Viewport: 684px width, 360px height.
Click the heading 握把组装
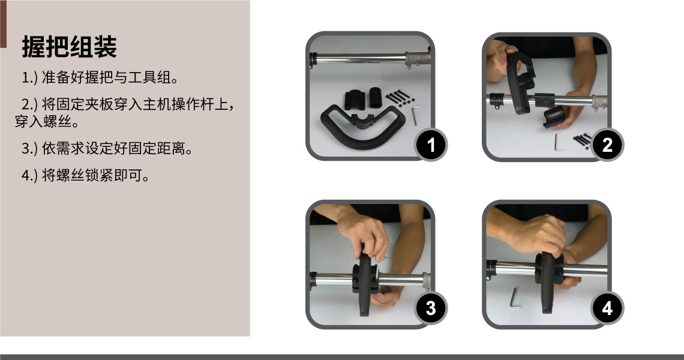click(x=70, y=47)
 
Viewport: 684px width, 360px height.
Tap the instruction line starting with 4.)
click(x=85, y=175)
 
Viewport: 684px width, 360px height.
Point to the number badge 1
click(x=431, y=145)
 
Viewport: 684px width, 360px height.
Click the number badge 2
click(x=607, y=145)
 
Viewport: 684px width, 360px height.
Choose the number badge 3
click(x=431, y=308)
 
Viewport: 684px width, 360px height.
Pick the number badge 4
click(x=607, y=308)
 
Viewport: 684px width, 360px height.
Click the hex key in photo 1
click(x=415, y=116)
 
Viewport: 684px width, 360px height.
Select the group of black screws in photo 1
click(x=400, y=98)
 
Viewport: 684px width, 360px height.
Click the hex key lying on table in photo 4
click(x=515, y=298)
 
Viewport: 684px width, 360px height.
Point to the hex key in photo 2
click(x=557, y=143)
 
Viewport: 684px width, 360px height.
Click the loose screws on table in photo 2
click(x=583, y=140)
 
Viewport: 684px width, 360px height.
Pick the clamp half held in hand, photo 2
click(x=554, y=116)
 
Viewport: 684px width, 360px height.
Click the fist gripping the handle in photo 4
click(x=540, y=235)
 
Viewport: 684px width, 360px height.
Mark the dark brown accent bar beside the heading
click(x=3, y=23)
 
